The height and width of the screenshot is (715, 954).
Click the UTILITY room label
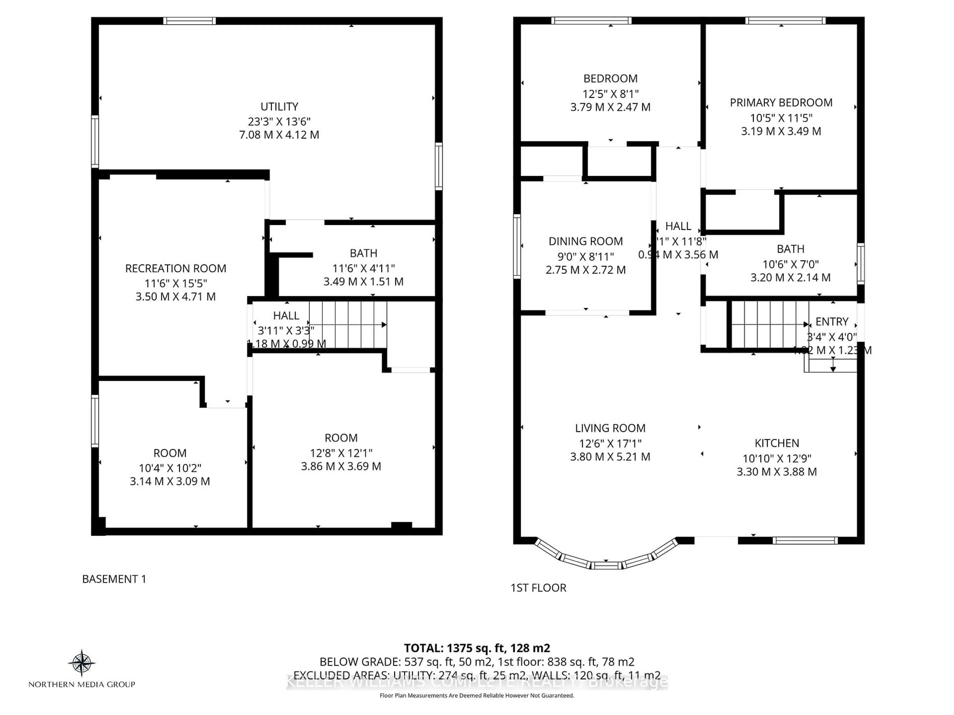point(279,107)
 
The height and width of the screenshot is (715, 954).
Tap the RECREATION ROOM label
point(176,269)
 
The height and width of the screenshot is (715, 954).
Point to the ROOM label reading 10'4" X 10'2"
point(170,453)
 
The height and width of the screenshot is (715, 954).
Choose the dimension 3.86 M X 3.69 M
point(341,466)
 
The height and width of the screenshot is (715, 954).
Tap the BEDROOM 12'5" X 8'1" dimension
point(610,94)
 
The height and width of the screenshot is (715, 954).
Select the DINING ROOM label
point(585,241)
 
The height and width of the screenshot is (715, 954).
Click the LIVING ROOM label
point(610,428)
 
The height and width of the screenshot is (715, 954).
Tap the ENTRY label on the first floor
point(832,322)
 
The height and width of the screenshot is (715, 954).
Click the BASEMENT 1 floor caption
point(114,579)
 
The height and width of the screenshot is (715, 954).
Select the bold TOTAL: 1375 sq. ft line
point(477,648)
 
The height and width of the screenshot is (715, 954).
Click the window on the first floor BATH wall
point(860,264)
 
